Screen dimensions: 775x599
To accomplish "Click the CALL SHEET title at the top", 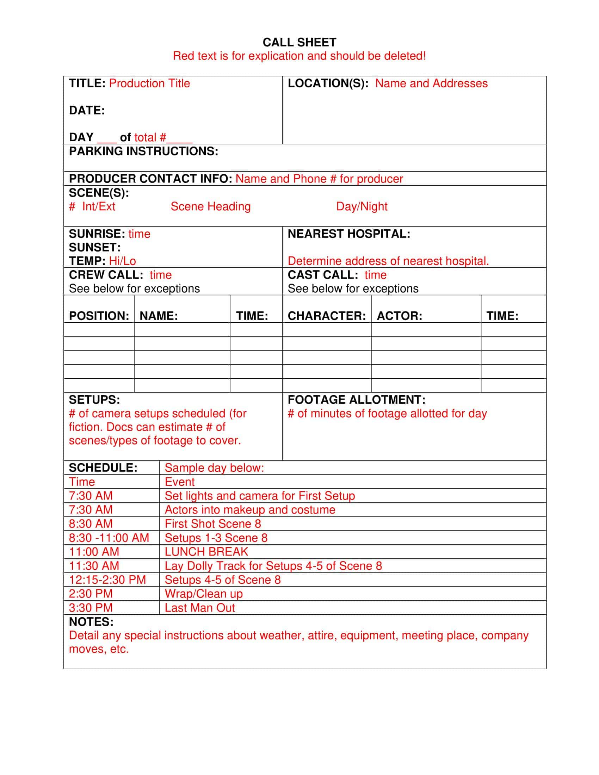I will click(299, 43).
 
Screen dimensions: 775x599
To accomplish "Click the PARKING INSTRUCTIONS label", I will click(143, 151).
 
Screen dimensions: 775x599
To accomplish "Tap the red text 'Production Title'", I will click(149, 83).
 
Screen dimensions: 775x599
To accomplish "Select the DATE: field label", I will click(87, 110).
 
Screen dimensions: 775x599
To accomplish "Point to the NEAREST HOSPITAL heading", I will click(349, 234).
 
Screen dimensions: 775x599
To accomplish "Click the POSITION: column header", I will click(99, 316).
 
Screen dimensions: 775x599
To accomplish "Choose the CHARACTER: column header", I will click(327, 316).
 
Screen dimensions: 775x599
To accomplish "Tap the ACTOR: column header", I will click(399, 316).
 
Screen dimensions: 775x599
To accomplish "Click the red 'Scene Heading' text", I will click(210, 206).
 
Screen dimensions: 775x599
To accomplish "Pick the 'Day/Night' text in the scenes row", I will click(362, 206).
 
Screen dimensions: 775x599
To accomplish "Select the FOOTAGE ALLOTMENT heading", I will click(356, 400).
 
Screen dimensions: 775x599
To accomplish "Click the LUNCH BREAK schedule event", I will click(206, 552).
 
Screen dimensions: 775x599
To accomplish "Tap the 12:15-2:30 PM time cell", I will click(107, 580).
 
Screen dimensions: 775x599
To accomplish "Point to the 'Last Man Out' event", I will click(200, 608).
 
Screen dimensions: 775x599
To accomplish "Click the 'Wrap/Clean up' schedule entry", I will click(204, 594).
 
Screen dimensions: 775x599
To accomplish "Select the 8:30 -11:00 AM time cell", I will click(109, 538).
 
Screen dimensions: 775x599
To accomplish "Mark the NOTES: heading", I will click(91, 622).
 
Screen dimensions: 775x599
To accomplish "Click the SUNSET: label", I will click(95, 247).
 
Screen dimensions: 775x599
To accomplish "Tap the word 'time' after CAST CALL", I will click(376, 275).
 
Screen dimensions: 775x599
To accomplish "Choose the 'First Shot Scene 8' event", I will click(213, 524).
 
